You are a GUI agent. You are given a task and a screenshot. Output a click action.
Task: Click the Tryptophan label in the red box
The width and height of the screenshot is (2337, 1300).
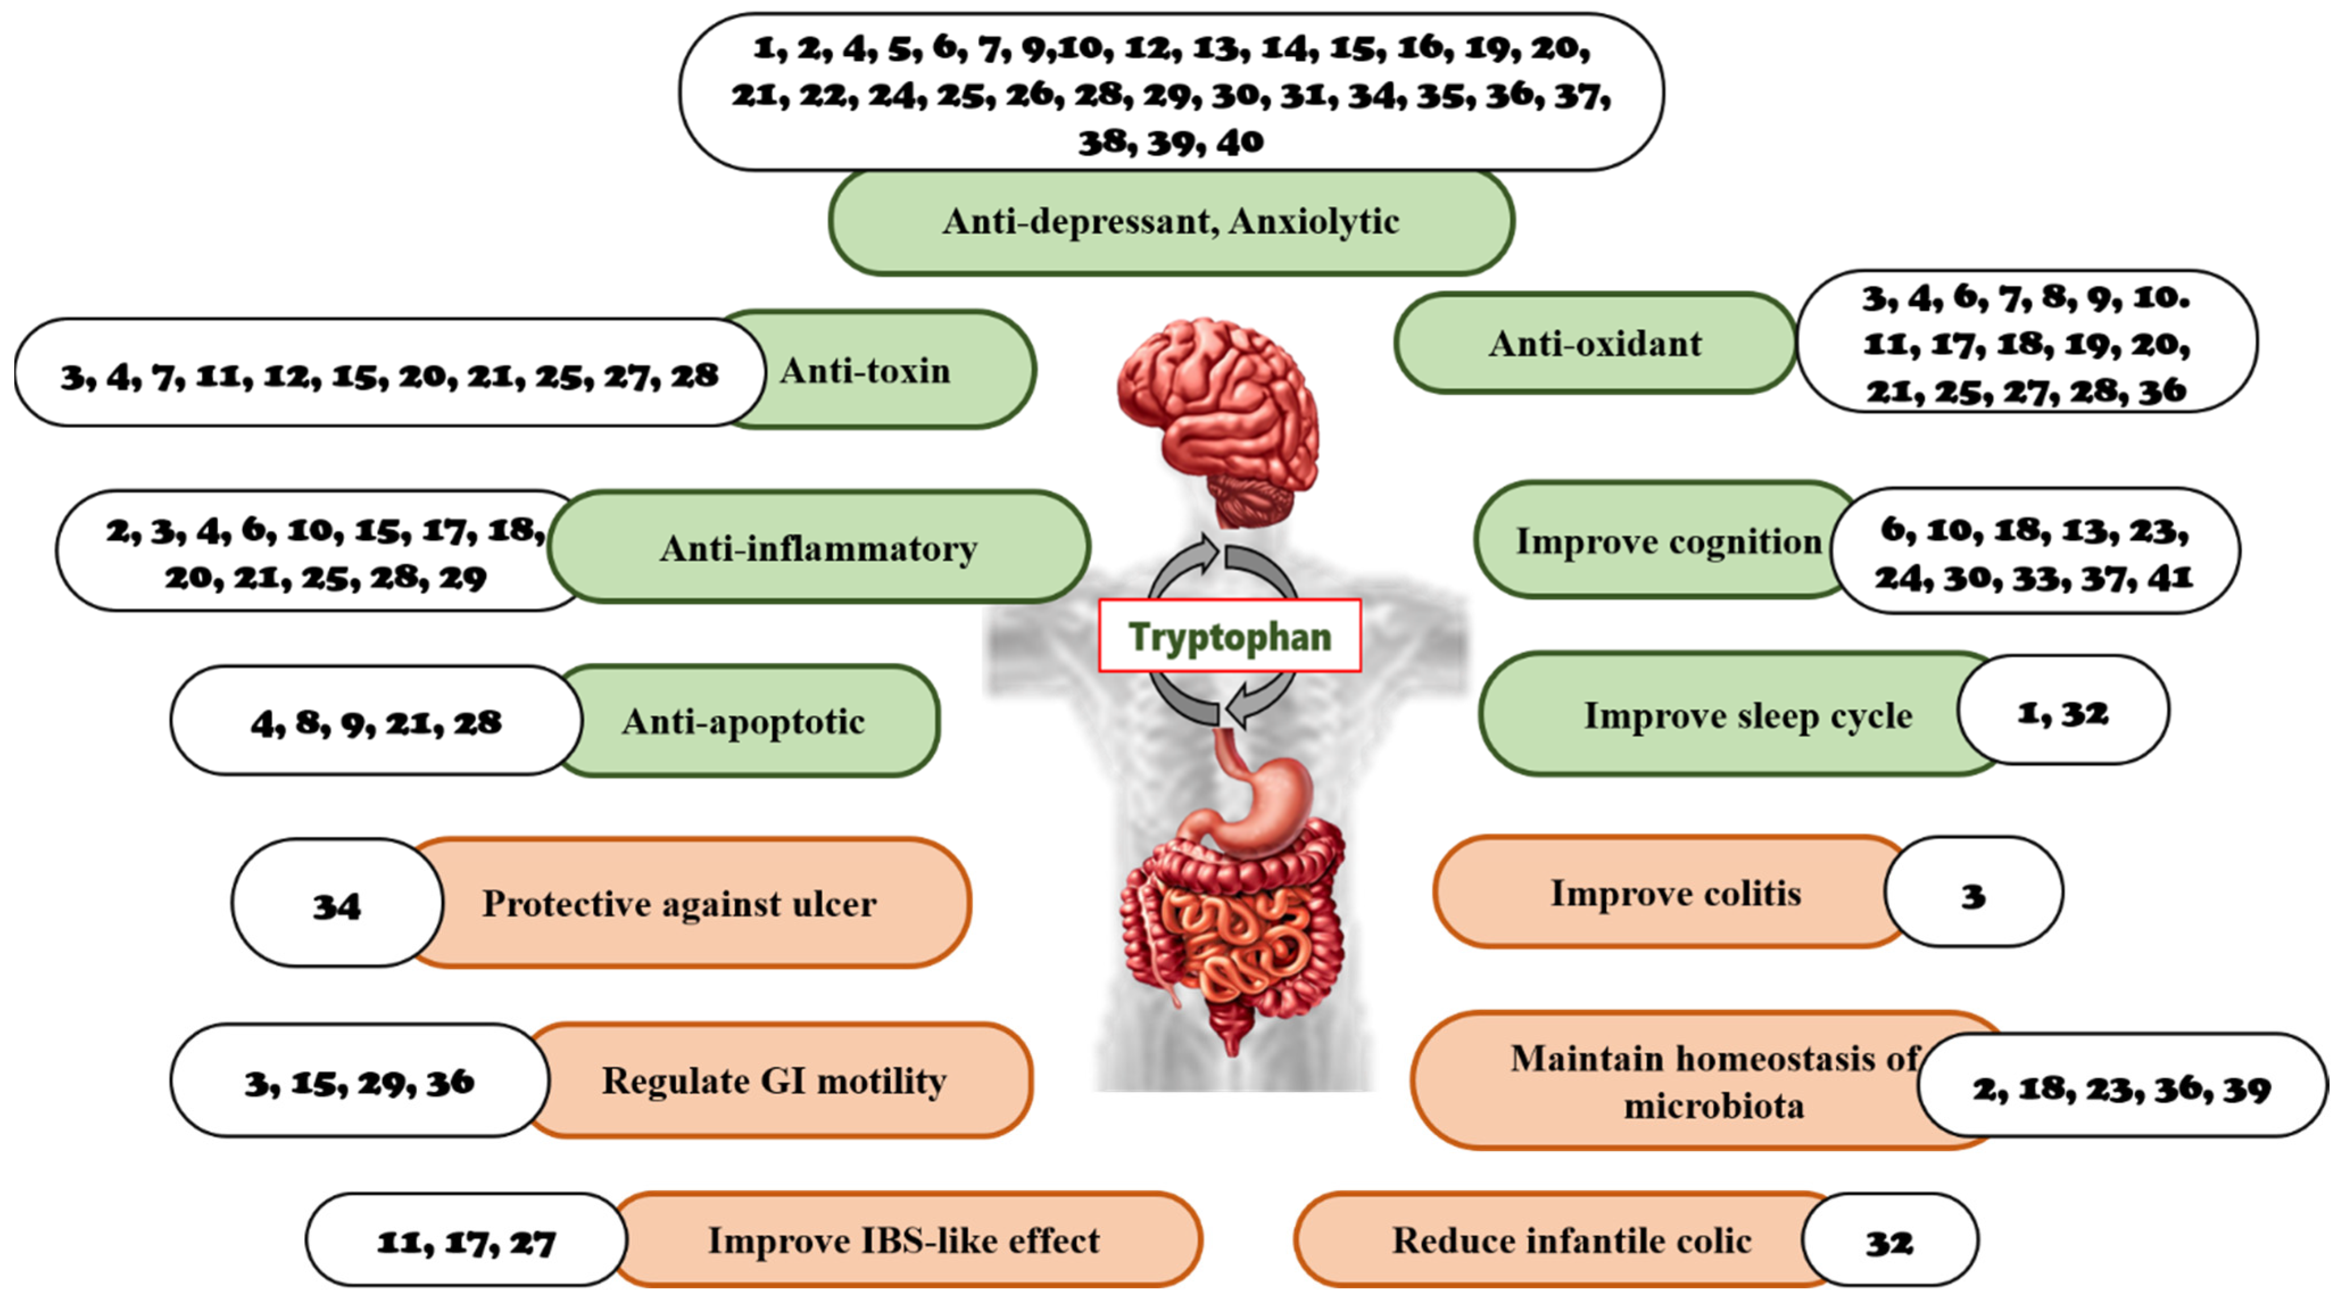click(x=1229, y=636)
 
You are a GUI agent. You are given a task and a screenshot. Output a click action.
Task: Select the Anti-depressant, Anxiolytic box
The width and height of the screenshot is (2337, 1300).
click(x=1170, y=221)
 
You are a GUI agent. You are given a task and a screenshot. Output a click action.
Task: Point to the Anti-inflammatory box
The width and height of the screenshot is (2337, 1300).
click(x=818, y=548)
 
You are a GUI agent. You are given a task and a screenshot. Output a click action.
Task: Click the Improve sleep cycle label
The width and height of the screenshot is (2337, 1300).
click(x=1747, y=716)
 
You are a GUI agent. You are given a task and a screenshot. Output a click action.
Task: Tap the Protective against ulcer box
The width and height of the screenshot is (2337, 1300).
click(x=679, y=904)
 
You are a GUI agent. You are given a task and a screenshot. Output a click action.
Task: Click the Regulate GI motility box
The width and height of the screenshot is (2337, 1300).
click(x=774, y=1081)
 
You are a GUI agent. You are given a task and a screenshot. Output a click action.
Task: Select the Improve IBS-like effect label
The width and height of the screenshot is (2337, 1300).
click(x=904, y=1240)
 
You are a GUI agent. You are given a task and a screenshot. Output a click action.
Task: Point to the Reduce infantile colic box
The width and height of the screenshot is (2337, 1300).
click(x=1571, y=1240)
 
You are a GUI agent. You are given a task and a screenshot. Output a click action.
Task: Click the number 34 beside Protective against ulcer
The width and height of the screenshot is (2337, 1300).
click(x=337, y=906)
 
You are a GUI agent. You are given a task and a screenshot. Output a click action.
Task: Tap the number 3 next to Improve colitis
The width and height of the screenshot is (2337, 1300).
click(x=1972, y=895)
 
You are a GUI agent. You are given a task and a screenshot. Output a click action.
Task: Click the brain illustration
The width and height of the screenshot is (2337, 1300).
click(x=1218, y=417)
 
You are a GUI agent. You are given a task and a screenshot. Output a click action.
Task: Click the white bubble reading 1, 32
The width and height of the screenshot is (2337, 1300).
click(x=2062, y=713)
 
